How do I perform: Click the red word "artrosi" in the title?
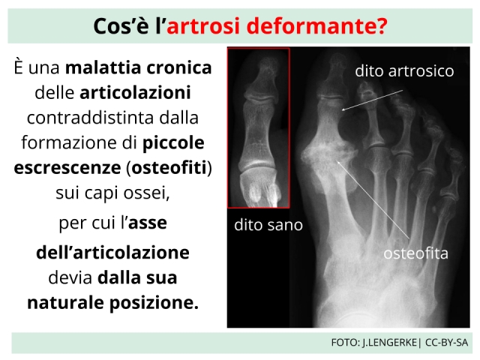(202, 25)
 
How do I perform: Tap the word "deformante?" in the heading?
(317, 25)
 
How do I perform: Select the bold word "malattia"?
(103, 67)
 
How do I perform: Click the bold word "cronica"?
(179, 67)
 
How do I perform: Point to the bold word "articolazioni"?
(135, 92)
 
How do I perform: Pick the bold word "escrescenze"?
(67, 168)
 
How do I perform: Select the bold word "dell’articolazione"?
(112, 253)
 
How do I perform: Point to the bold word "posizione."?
(154, 303)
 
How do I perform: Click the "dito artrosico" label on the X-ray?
(404, 71)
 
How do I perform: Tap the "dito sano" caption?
(268, 225)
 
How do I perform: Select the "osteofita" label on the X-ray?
(415, 253)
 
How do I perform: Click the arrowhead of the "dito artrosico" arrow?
(343, 109)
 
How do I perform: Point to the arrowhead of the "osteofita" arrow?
(338, 162)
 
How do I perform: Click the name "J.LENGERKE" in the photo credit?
(389, 342)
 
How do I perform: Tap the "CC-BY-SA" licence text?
(447, 342)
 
